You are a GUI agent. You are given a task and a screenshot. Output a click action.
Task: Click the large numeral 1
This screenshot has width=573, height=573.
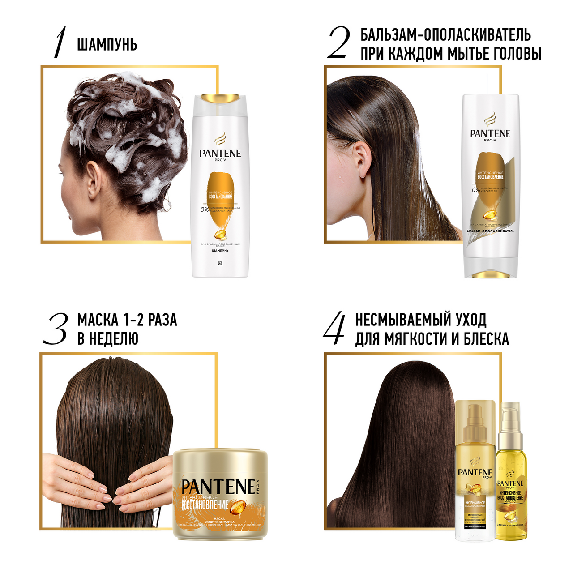tap(60, 43)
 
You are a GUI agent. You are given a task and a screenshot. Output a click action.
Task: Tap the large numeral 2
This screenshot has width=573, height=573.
tap(339, 43)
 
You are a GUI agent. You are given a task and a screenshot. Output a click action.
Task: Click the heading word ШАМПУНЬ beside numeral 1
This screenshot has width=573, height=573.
tap(107, 45)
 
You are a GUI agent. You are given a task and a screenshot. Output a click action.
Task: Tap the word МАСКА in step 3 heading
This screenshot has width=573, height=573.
tap(98, 320)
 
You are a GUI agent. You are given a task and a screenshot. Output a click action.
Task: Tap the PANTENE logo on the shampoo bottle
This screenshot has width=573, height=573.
tap(220, 154)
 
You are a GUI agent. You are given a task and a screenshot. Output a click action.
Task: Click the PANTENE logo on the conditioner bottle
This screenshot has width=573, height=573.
tap(490, 133)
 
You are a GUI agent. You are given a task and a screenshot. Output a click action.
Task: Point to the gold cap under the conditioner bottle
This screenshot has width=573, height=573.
tap(490, 274)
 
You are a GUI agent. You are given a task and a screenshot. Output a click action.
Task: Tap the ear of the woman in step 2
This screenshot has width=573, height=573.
tap(362, 159)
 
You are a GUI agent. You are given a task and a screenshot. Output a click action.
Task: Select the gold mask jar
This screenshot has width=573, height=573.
tap(220, 492)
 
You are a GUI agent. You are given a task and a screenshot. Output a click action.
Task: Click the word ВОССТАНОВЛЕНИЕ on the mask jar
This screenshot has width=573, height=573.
tap(205, 505)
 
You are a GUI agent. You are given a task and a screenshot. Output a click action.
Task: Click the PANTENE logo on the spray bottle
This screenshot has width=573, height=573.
tap(475, 473)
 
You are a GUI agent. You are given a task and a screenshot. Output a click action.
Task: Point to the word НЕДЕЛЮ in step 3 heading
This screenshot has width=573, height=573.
tap(108, 339)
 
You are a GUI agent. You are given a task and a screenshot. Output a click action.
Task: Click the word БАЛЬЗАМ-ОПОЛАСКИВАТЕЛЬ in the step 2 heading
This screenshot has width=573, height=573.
tap(445, 35)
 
